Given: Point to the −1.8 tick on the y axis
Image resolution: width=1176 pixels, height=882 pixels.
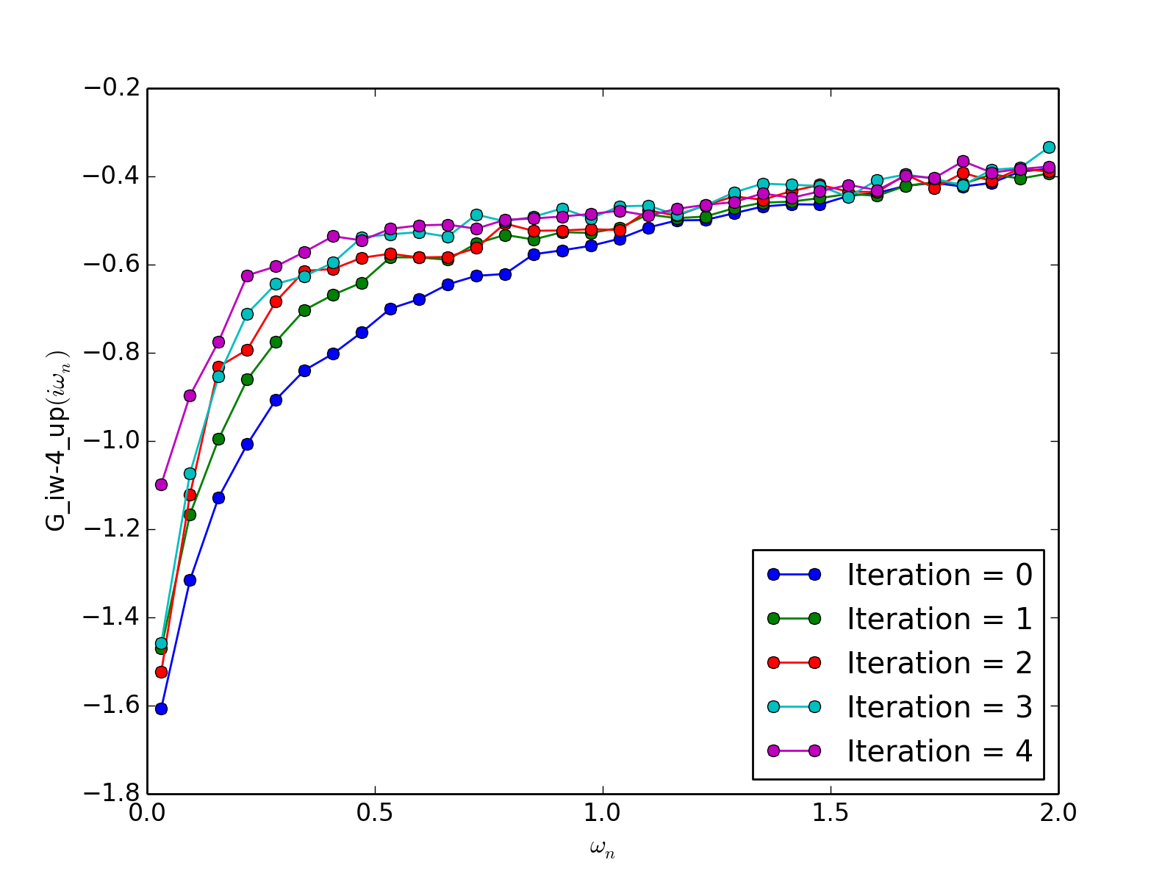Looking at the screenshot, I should click(x=110, y=794).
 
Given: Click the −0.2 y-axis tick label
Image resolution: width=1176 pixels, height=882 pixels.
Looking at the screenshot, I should click(x=110, y=88).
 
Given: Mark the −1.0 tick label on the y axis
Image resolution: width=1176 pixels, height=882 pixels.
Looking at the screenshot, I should click(x=110, y=441).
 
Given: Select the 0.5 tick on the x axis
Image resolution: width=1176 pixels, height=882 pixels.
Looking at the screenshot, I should click(x=375, y=812).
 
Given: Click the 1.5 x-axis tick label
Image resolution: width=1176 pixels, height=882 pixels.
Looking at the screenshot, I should click(x=831, y=812).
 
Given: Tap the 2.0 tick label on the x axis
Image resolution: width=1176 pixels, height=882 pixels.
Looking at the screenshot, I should click(x=1058, y=812).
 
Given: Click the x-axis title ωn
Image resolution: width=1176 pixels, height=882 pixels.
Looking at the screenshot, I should click(x=602, y=849).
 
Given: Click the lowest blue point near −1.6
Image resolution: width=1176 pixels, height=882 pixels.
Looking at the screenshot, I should click(x=161, y=709).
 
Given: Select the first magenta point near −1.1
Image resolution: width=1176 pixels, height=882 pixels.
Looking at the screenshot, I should click(x=161, y=484).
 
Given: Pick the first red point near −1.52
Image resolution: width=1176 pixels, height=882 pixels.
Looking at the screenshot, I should click(x=161, y=672).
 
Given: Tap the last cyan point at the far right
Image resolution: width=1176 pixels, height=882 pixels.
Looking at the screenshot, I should click(x=1049, y=147).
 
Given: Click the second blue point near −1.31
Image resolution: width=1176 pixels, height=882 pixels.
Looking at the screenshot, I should click(x=190, y=580).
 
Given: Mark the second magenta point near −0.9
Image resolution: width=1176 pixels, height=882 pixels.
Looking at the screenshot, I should click(x=190, y=395).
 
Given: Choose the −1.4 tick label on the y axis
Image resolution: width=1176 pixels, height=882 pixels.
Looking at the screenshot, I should click(x=110, y=617).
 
